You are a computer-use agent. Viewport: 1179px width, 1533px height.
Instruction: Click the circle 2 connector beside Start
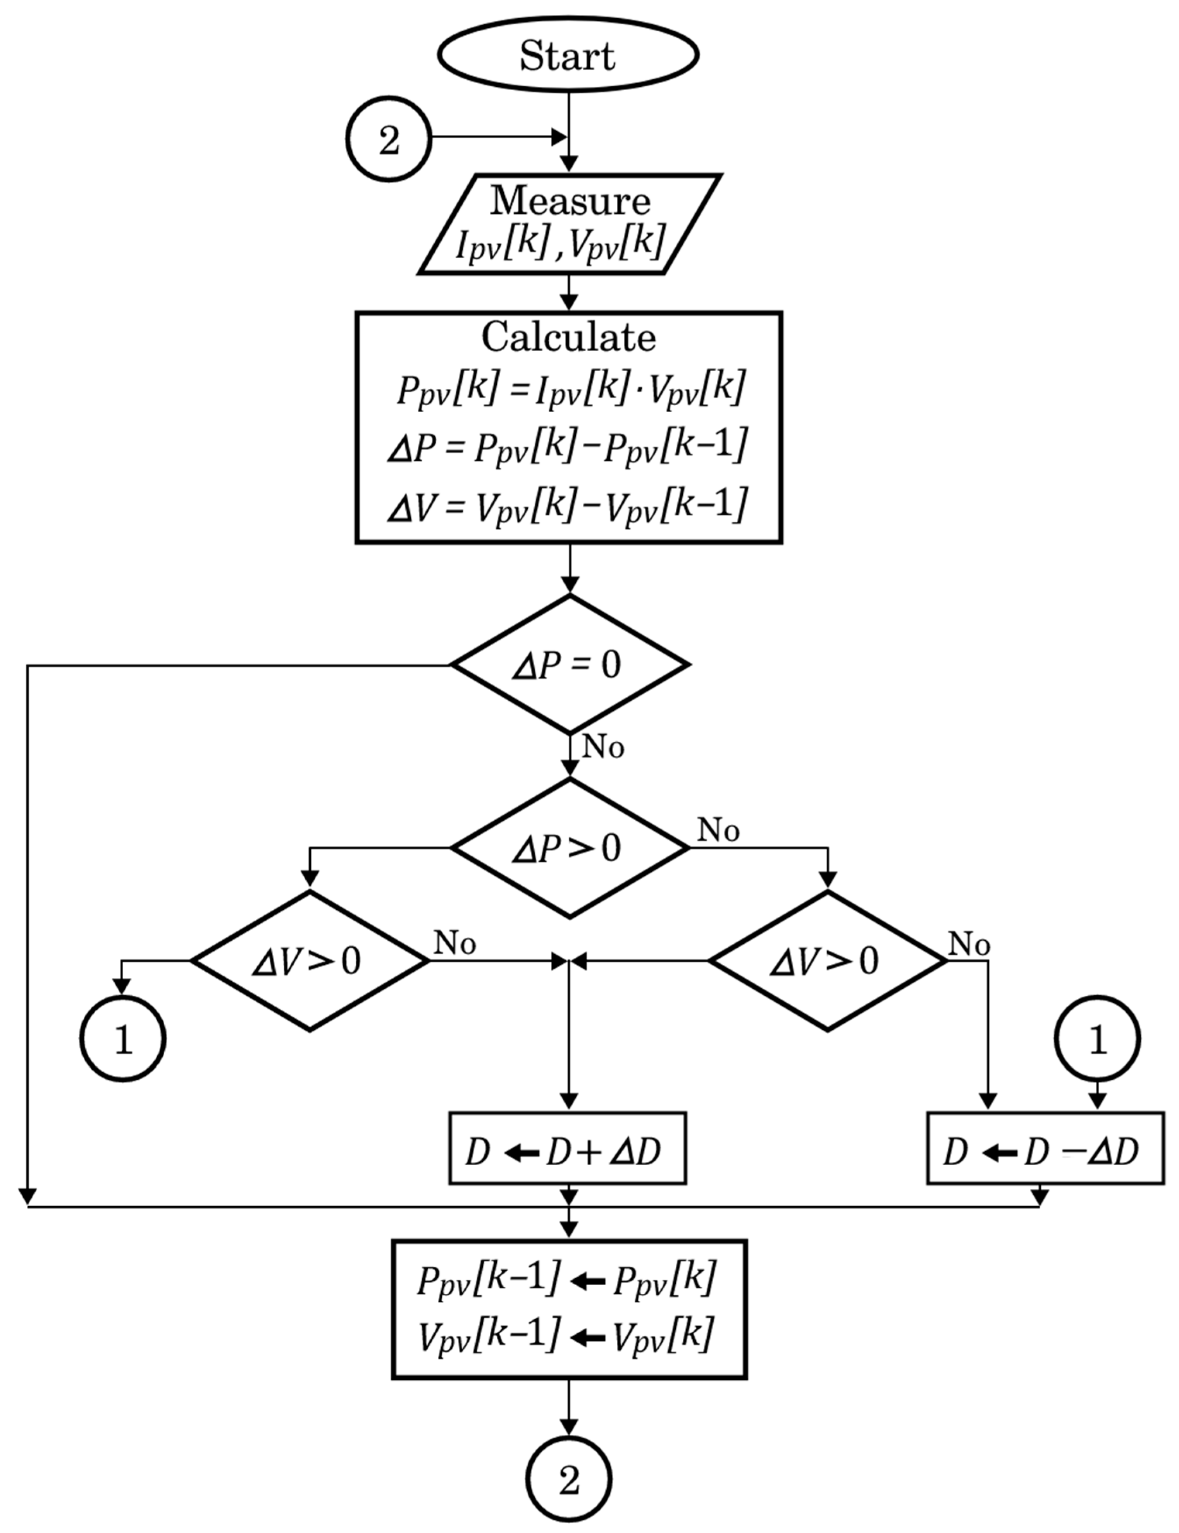tap(389, 139)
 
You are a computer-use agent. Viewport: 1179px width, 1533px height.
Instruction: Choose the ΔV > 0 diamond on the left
tap(310, 961)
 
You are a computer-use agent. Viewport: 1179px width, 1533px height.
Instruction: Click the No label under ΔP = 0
tap(603, 748)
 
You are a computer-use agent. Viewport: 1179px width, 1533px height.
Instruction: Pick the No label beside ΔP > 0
tap(718, 831)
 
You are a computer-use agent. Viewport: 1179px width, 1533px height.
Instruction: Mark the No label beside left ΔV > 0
tap(455, 943)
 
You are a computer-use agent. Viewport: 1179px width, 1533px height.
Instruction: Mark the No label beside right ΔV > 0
tap(969, 945)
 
